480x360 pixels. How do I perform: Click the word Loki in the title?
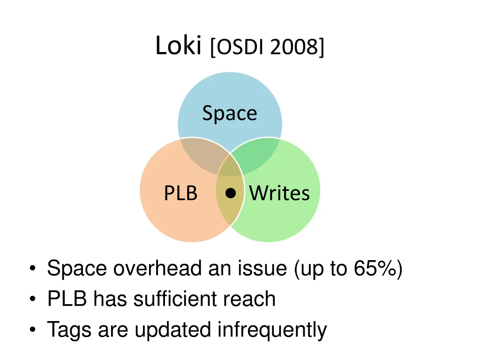pos(178,46)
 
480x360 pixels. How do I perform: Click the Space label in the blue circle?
pos(230,113)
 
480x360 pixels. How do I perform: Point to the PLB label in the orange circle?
pos(180,193)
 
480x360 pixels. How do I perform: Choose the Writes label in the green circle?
pos(279,193)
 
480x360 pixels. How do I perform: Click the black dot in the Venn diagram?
pos(230,193)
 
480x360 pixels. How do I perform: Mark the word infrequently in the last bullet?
pos(272,330)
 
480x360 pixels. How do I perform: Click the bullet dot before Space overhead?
pos(32,270)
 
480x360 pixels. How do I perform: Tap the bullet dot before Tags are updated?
pos(32,330)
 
